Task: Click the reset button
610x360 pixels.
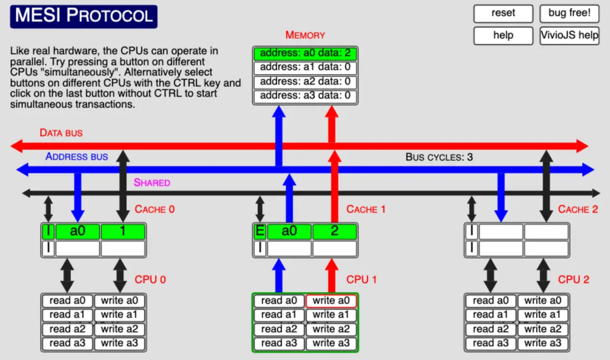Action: tap(503, 13)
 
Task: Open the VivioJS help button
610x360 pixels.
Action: tap(569, 36)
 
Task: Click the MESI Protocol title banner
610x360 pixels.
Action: tap(83, 16)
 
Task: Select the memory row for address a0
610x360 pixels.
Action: tap(305, 54)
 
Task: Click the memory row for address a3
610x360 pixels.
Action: tap(305, 96)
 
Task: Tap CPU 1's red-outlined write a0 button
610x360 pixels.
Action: tap(331, 301)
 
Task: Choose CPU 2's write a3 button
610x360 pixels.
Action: tap(543, 343)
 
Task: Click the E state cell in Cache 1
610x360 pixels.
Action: tap(259, 231)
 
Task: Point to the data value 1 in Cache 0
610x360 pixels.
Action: tap(123, 231)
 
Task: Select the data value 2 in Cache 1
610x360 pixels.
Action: tap(334, 231)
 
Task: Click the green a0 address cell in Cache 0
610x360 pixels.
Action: tap(77, 231)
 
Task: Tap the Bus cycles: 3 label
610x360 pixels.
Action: tap(439, 157)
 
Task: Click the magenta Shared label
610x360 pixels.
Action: tap(152, 182)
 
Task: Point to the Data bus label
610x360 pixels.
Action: tap(61, 133)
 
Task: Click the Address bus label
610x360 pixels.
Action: tap(77, 157)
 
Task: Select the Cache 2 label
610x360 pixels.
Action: tap(578, 209)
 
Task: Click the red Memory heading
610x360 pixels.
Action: tap(305, 35)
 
